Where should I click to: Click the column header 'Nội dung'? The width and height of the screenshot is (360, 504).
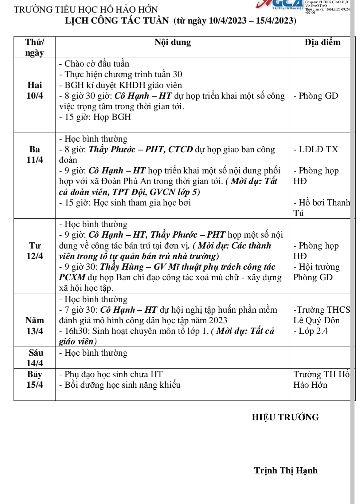click(172, 43)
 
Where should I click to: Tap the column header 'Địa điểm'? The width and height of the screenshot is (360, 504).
click(322, 43)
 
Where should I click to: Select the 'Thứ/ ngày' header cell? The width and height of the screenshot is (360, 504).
click(35, 47)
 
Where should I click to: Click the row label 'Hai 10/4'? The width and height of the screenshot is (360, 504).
click(35, 90)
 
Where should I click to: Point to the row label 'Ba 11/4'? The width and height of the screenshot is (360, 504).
click(35, 155)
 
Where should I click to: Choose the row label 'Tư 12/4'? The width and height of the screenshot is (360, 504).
click(35, 251)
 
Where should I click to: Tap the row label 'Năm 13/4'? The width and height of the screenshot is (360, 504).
click(35, 325)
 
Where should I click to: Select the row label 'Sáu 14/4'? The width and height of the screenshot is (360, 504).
click(35, 358)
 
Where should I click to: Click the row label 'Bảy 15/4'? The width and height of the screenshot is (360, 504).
click(35, 379)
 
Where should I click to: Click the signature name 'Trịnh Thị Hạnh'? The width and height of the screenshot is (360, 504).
click(286, 470)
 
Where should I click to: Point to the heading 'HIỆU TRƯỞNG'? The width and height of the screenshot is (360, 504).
click(285, 417)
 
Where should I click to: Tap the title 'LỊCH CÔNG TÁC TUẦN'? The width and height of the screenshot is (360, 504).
click(117, 20)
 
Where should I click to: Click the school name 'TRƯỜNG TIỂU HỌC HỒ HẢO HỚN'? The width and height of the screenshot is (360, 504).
click(86, 9)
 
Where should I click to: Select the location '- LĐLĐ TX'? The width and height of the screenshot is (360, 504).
click(316, 149)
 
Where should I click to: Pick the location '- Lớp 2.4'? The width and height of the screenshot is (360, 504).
click(310, 331)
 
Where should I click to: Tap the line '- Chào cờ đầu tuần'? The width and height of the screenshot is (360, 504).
click(94, 64)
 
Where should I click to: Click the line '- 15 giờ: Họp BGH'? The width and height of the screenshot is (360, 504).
click(95, 117)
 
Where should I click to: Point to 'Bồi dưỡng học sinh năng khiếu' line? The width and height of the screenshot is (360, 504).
click(120, 385)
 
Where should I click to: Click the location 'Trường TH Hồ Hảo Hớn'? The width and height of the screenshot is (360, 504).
click(321, 379)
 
